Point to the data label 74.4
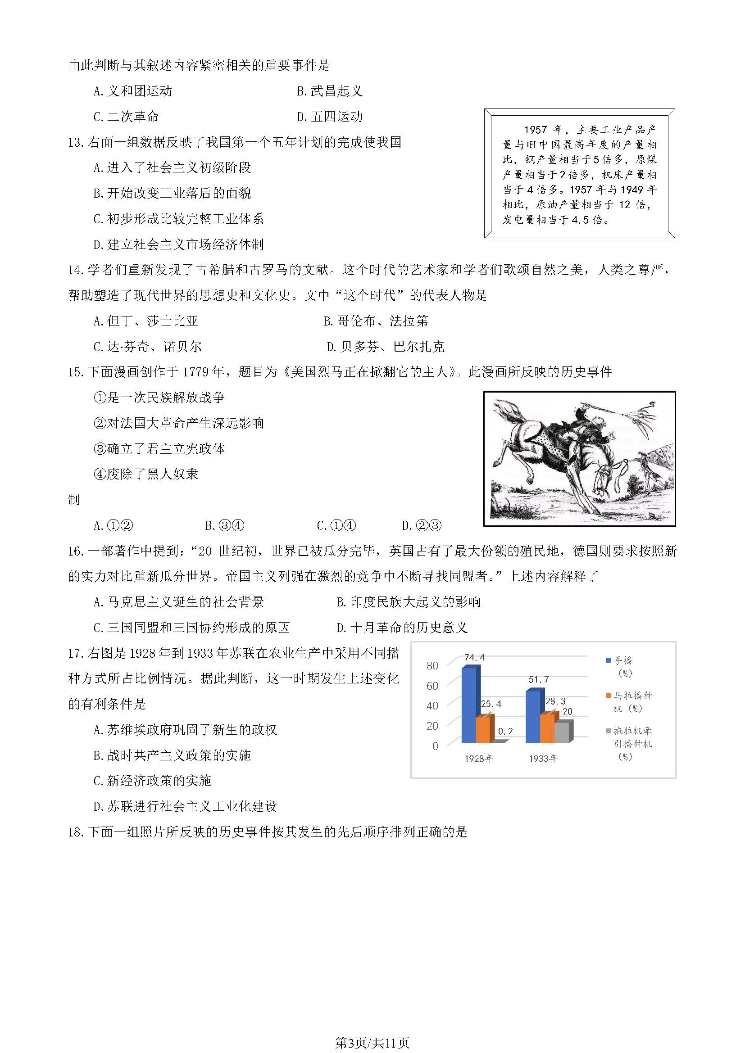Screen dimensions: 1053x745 point(474,658)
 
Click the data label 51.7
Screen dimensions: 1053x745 point(538,679)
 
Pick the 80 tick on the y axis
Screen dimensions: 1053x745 point(432,665)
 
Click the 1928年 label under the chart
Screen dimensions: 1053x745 point(478,759)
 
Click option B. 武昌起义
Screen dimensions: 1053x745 point(329,91)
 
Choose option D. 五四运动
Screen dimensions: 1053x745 point(329,117)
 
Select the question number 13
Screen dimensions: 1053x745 point(74,143)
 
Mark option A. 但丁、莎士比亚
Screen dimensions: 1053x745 point(145,321)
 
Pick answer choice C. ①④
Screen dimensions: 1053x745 point(336,525)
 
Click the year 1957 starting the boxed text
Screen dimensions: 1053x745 point(535,130)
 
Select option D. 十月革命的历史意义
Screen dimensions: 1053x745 point(401,628)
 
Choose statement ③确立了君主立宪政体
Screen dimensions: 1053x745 point(159,448)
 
